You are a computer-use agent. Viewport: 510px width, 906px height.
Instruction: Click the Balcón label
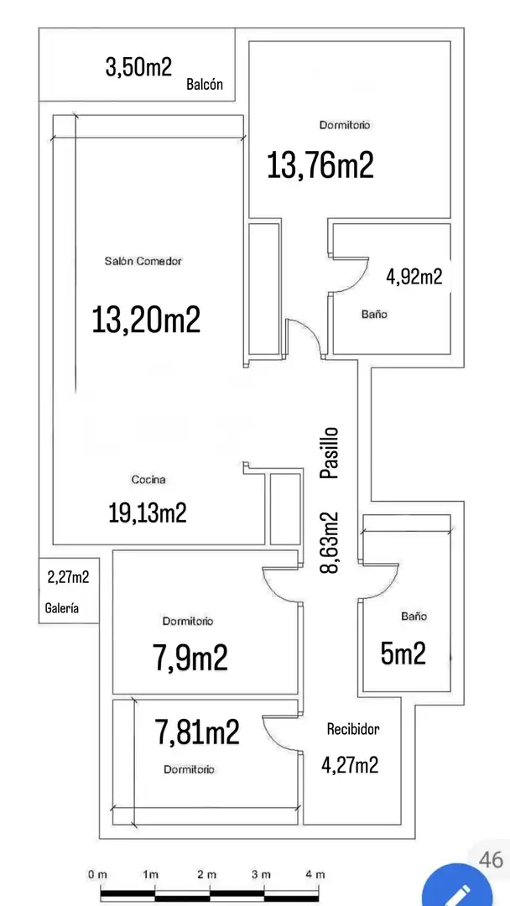(205, 85)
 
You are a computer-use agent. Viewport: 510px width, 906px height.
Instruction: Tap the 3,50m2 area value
(138, 67)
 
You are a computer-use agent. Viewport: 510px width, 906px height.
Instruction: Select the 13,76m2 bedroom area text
(320, 164)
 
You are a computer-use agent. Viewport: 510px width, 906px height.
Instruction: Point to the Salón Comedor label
(143, 261)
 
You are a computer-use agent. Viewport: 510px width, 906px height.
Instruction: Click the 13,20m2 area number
(146, 320)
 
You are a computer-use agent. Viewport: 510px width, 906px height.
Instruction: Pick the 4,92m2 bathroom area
(414, 277)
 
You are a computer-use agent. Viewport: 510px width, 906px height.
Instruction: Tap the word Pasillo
(329, 452)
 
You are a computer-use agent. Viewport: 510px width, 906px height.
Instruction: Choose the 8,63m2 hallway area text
(329, 542)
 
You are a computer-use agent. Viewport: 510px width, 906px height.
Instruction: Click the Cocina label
(149, 480)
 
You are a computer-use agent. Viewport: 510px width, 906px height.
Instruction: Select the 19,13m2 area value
(148, 513)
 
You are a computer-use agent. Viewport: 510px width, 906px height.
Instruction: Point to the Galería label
(62, 608)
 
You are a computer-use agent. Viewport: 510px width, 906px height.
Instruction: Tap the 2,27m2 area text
(68, 576)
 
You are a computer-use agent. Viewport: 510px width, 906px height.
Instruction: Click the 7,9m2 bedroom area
(190, 658)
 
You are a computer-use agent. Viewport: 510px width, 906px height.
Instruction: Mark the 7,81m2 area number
(197, 732)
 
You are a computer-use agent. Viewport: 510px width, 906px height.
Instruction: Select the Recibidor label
(353, 729)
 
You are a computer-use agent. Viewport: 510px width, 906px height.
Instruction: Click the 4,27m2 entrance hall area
(350, 765)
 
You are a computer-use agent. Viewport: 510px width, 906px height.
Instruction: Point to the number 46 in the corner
(491, 859)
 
